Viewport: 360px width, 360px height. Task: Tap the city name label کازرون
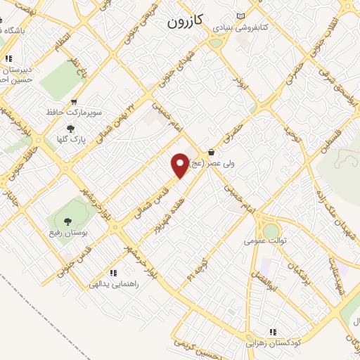(x=184, y=22)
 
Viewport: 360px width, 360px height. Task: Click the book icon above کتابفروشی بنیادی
(x=242, y=16)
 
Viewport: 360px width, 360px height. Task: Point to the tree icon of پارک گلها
(x=70, y=127)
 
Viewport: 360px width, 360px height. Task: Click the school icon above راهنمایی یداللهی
(x=112, y=273)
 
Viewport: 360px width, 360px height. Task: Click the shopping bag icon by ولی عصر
(x=211, y=153)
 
